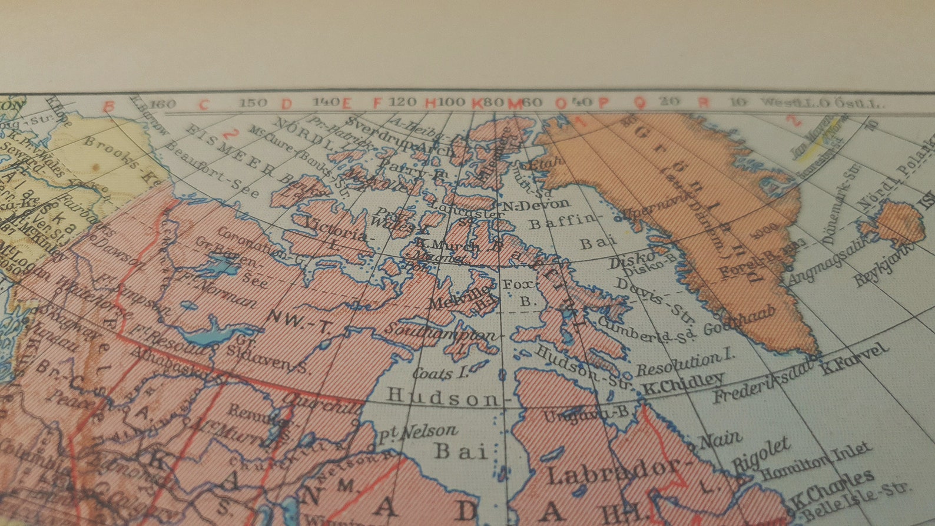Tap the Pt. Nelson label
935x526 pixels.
(x=417, y=433)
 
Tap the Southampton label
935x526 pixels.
(x=442, y=337)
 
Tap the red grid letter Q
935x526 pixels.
(x=639, y=102)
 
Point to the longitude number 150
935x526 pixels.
(x=253, y=102)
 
